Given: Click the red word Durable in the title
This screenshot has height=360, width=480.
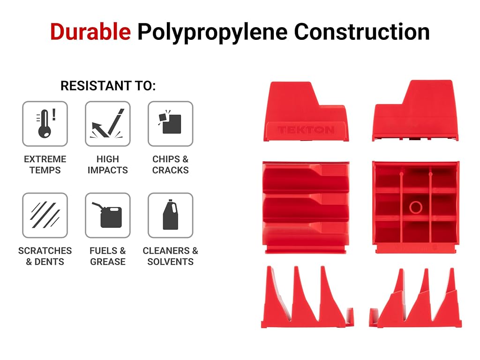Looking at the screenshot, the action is [90, 31].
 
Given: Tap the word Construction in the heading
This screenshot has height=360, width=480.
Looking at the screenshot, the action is [362, 31].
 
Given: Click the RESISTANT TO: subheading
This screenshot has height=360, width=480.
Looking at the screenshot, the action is [108, 86].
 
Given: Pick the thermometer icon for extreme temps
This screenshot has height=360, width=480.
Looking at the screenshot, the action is [45, 124].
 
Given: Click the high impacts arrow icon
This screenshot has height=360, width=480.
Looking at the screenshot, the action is [108, 124].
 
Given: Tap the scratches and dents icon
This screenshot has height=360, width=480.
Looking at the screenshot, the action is [45, 215].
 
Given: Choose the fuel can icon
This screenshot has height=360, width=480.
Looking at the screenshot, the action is [108, 215].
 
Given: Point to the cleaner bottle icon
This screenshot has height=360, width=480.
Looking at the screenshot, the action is [171, 215].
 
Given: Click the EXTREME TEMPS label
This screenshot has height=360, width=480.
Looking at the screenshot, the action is [45, 165].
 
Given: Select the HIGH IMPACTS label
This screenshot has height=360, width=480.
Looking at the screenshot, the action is [108, 165].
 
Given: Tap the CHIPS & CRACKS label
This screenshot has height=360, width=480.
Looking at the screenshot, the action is [171, 165].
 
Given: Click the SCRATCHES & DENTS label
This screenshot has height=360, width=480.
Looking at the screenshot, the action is [45, 256].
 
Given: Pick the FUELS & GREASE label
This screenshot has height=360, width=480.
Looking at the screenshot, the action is [108, 256].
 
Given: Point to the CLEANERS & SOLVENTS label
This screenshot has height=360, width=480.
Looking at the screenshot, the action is [171, 256].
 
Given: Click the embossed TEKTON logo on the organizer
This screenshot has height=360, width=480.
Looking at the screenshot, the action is [306, 130].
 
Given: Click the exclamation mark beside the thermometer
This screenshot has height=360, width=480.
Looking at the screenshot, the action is [54, 114].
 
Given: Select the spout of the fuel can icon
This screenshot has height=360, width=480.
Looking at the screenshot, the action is [97, 206].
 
